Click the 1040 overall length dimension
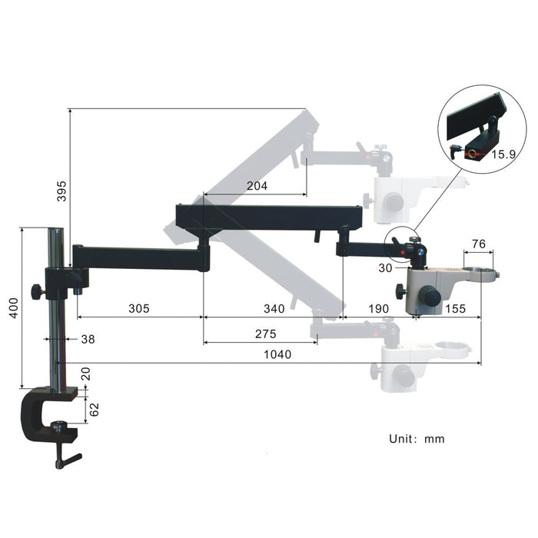[x=277, y=354]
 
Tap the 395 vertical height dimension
[x=61, y=191]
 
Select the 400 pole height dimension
[x=13, y=307]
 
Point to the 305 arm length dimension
[x=139, y=308]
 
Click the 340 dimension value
[x=274, y=308]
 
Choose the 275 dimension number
[x=266, y=334]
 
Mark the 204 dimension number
[x=257, y=186]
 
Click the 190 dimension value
[x=378, y=308]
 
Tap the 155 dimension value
[x=455, y=308]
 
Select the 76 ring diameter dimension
[x=479, y=244]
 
